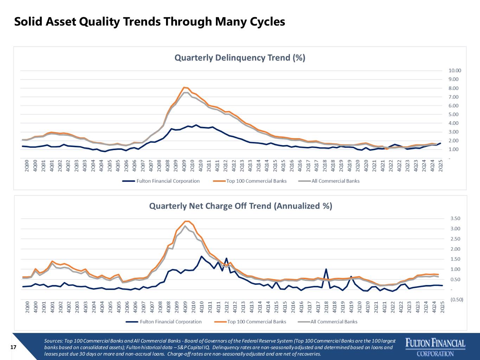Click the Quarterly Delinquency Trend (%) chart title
[x=240, y=58]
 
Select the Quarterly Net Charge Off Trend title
[x=241, y=206]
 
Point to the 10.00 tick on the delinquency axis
[x=455, y=70]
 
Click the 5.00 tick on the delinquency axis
[x=454, y=114]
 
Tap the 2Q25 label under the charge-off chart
[x=442, y=307]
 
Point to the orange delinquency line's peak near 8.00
[x=185, y=88]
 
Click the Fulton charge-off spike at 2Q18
[x=326, y=269]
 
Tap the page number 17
[x=13, y=347]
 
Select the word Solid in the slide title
[x=28, y=22]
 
